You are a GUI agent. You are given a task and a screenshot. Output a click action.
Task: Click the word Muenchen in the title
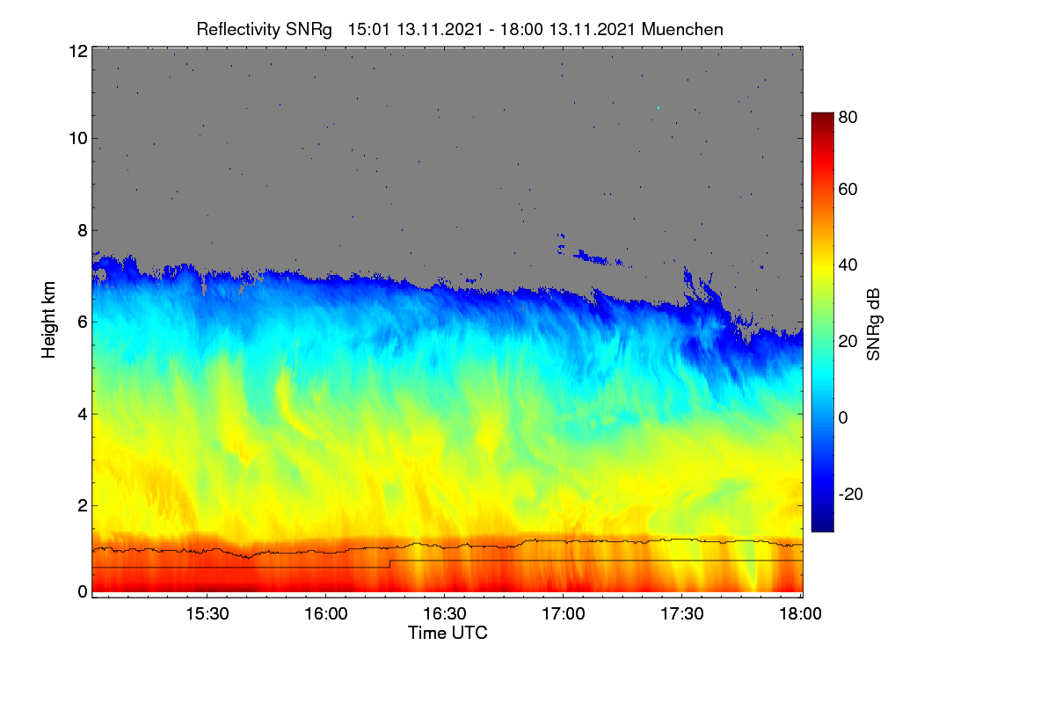(682, 30)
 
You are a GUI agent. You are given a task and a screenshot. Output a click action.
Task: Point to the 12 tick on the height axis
(78, 51)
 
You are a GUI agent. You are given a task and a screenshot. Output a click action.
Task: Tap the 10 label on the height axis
(78, 139)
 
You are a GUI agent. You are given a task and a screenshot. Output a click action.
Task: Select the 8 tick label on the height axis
(83, 230)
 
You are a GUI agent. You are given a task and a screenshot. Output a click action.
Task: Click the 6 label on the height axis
(83, 323)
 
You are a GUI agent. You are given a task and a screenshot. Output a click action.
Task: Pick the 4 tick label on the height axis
(83, 415)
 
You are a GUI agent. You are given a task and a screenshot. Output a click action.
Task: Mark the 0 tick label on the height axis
(83, 592)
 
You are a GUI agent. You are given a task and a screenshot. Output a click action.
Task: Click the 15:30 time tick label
(207, 613)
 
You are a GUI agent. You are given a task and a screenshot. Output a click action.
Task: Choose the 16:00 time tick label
(325, 613)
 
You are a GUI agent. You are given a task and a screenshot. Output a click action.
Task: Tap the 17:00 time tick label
(564, 613)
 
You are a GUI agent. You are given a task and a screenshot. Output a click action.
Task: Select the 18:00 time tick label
(800, 613)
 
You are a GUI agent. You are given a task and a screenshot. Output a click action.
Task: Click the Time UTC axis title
(447, 633)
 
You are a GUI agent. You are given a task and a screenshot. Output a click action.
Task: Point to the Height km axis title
(48, 320)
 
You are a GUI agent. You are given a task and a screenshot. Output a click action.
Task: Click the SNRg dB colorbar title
(873, 325)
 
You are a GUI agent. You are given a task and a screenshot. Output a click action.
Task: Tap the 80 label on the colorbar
(848, 117)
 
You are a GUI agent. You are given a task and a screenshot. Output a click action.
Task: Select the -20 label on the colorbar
(851, 494)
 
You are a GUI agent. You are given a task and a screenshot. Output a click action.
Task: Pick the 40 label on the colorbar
(848, 265)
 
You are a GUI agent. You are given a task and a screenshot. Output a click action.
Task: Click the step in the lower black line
(390, 563)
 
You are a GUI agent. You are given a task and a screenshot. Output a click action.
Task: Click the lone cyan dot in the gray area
(658, 108)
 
